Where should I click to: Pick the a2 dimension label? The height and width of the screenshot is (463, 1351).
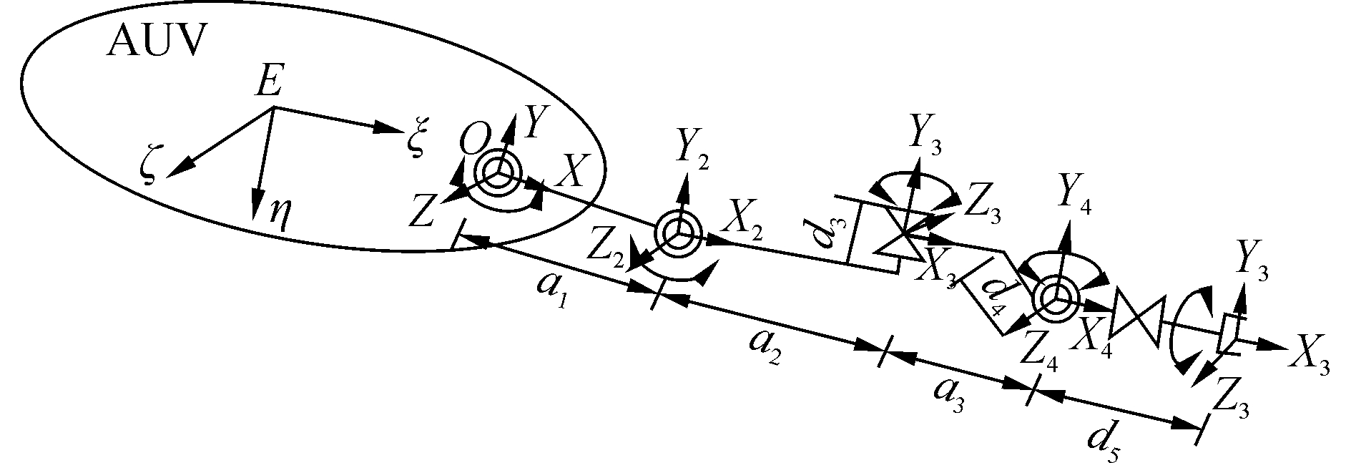[765, 349]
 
